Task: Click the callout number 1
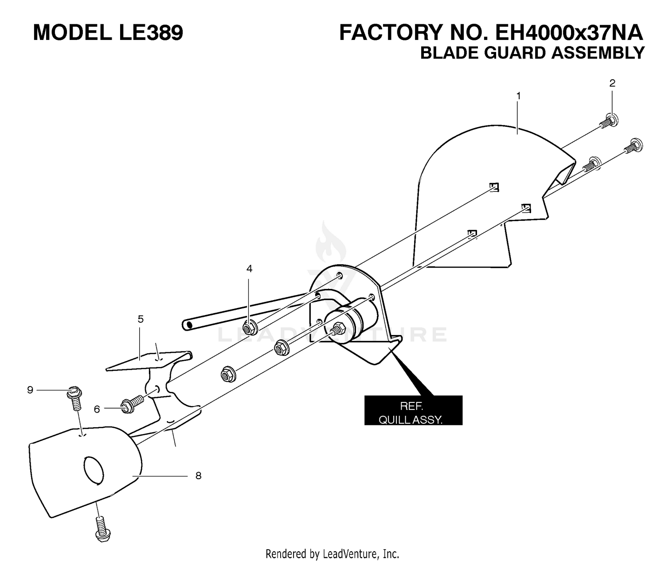point(518,96)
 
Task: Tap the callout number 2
point(612,83)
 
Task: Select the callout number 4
point(249,269)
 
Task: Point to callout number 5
point(141,319)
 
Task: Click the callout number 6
point(97,409)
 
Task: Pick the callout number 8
point(198,476)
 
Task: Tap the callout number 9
point(30,390)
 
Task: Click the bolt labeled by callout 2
point(609,121)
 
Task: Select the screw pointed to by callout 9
point(74,398)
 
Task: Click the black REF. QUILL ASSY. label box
point(413,410)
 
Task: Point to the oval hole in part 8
point(94,470)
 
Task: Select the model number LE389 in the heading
point(151,32)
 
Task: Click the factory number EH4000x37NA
point(569,32)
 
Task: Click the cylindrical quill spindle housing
point(351,318)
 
